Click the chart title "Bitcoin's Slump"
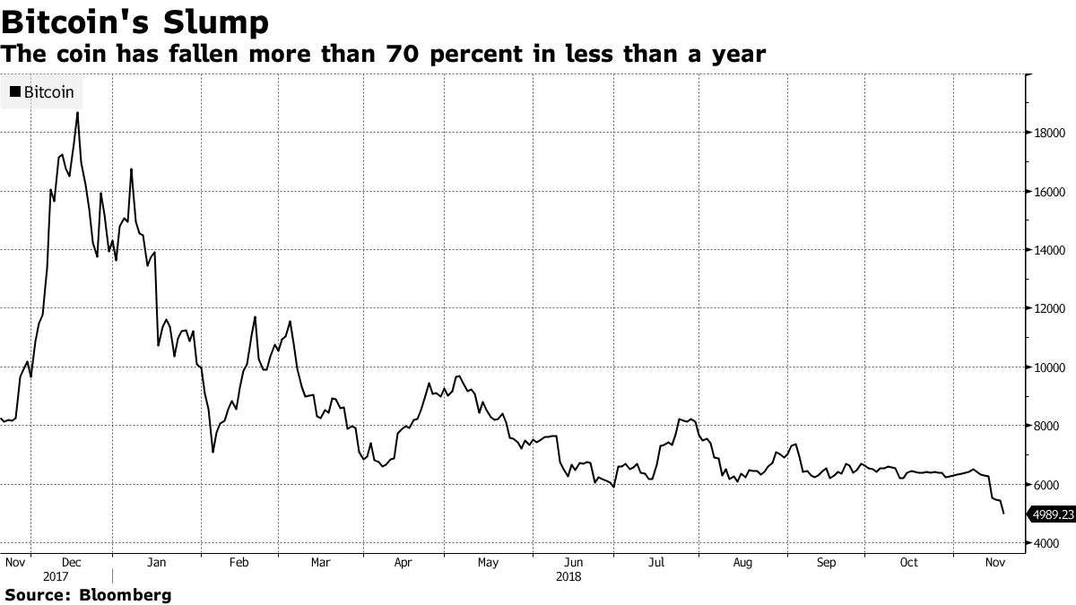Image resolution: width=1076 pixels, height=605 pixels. pyautogui.click(x=135, y=21)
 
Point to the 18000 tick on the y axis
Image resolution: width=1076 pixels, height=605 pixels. pyautogui.click(x=1048, y=134)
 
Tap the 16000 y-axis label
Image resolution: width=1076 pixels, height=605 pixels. pyautogui.click(x=1048, y=192)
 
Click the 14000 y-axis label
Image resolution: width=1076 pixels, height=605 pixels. pyautogui.click(x=1048, y=250)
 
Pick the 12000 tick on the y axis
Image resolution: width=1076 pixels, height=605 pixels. pyautogui.click(x=1048, y=309)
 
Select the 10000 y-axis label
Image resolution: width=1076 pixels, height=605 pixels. pyautogui.click(x=1048, y=367)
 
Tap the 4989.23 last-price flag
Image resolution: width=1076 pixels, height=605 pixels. pyautogui.click(x=1053, y=514)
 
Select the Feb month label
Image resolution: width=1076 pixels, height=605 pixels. pyautogui.click(x=239, y=563)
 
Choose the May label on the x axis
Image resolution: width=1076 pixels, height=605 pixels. pyautogui.click(x=488, y=563)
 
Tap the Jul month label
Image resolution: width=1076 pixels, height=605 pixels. pyautogui.click(x=656, y=563)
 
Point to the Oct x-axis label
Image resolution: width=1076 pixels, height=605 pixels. pyautogui.click(x=908, y=563)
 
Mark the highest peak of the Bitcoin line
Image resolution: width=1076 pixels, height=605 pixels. pyautogui.click(x=77, y=112)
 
